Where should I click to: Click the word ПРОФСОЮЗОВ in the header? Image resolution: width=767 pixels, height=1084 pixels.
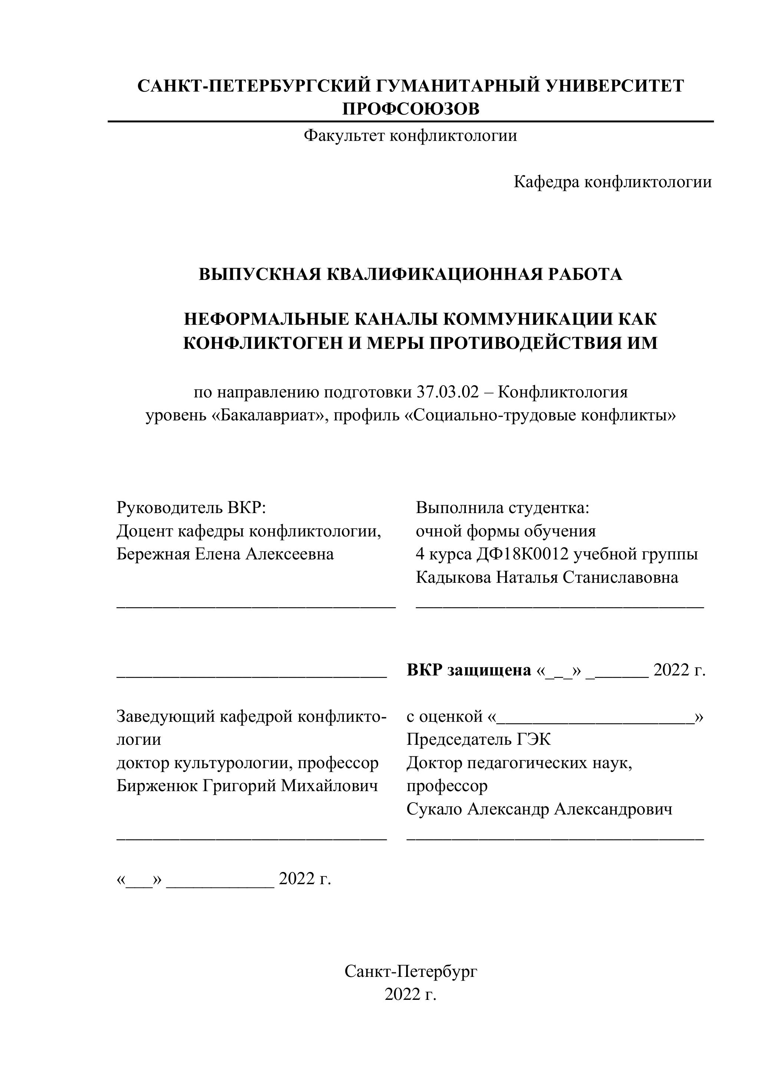(411, 109)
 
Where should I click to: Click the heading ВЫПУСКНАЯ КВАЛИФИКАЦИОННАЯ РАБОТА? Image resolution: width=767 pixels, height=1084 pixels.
(411, 274)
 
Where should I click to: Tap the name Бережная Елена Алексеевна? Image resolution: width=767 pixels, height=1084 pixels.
(225, 554)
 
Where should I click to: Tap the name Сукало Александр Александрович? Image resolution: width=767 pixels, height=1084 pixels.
(539, 809)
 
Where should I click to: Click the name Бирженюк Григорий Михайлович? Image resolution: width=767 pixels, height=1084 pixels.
(247, 786)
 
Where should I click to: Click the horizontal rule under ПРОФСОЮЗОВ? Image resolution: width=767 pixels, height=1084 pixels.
(411, 122)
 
